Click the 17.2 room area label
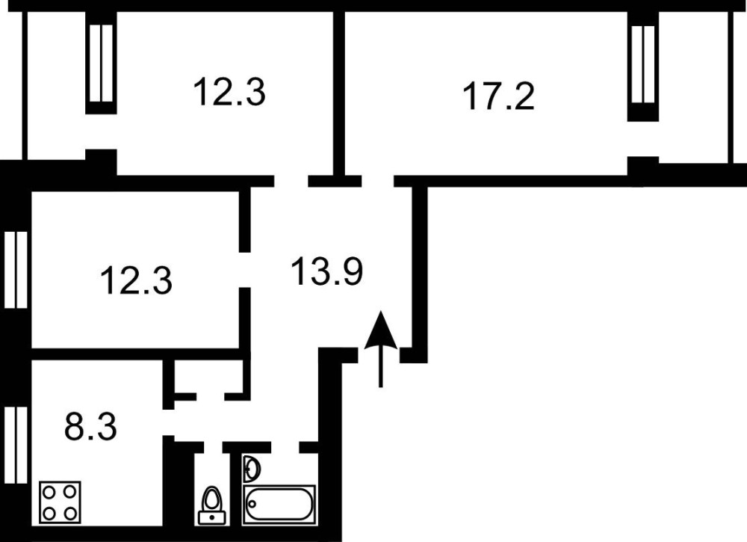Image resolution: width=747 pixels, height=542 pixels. click(x=499, y=96)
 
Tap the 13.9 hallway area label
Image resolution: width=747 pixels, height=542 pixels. click(x=327, y=271)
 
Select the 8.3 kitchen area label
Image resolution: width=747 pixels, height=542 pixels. click(x=90, y=427)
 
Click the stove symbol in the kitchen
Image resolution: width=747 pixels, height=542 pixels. click(x=60, y=502)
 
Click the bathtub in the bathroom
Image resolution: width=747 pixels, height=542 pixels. click(x=279, y=505)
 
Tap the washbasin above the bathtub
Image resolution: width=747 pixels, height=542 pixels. click(x=252, y=469)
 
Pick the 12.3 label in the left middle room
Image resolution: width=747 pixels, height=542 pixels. click(x=137, y=280)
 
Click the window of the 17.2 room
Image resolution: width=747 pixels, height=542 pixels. click(x=643, y=64)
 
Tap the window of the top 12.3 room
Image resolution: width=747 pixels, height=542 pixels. click(x=102, y=64)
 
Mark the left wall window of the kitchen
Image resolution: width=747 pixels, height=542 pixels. click(x=16, y=445)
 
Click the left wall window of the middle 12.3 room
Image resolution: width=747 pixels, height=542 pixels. click(x=16, y=270)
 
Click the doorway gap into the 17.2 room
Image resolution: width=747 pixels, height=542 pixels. click(x=378, y=181)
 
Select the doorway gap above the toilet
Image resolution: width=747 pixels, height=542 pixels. click(x=214, y=447)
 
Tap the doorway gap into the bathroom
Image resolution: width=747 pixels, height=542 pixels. click(x=285, y=447)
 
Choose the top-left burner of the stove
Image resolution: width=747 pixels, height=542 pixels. click(x=49, y=491)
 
